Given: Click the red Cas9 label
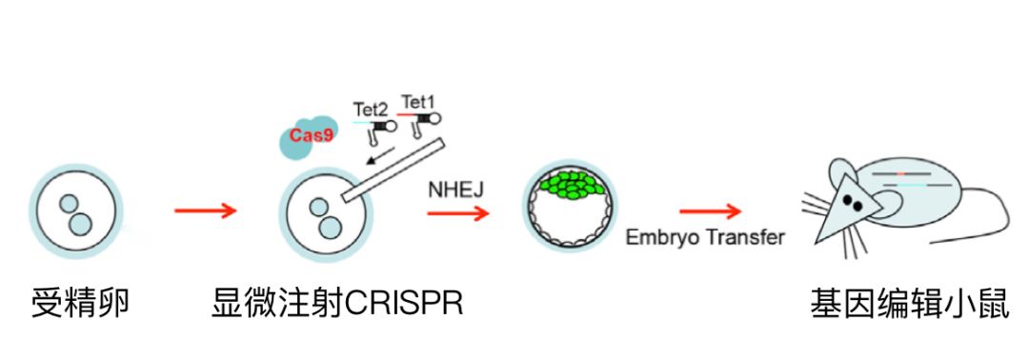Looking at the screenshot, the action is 306,136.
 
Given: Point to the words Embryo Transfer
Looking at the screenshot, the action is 705,237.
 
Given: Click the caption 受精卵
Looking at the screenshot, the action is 80,305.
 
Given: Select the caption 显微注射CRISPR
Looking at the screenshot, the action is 337,305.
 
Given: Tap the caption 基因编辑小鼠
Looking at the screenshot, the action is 910,305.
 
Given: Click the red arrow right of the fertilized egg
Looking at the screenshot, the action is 205,210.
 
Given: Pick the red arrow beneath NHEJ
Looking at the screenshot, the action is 458,213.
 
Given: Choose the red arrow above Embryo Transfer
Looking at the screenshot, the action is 710,211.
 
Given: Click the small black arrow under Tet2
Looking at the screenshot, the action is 380,157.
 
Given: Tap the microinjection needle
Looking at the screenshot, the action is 393,170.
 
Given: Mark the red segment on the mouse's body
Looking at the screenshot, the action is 901,173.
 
